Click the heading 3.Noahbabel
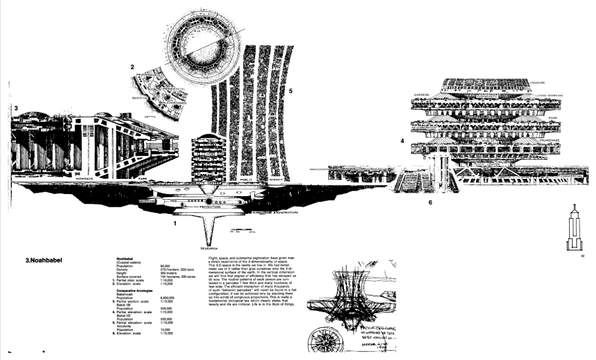(x=44, y=261)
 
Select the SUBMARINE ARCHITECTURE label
(x=275, y=213)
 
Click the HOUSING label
(x=538, y=83)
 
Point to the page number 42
(x=582, y=256)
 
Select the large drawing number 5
(x=291, y=91)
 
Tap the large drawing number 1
(x=175, y=221)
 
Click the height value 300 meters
(x=169, y=272)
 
